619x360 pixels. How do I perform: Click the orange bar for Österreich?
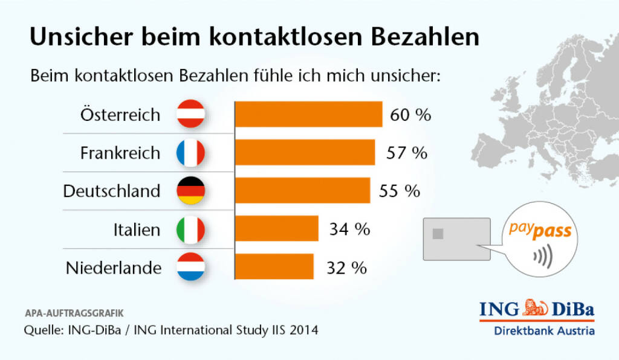[x=308, y=114]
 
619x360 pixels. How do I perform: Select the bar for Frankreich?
[x=305, y=152]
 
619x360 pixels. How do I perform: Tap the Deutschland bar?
[x=302, y=191]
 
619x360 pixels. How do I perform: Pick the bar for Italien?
[x=276, y=229]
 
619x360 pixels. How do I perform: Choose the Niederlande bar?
[x=274, y=267]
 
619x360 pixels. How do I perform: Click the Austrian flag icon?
[x=191, y=114]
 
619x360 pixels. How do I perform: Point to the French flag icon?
[x=191, y=153]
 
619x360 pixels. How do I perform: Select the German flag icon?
[x=191, y=191]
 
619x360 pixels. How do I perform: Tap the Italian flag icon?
[x=191, y=230]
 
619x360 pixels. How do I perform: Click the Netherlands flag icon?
[x=191, y=268]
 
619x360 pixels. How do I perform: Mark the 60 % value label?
[x=410, y=115]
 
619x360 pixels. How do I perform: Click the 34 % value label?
[x=349, y=230]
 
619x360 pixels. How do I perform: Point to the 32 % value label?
[x=346, y=268]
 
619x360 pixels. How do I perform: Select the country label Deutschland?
[x=112, y=191]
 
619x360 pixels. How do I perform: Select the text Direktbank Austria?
[x=544, y=330]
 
